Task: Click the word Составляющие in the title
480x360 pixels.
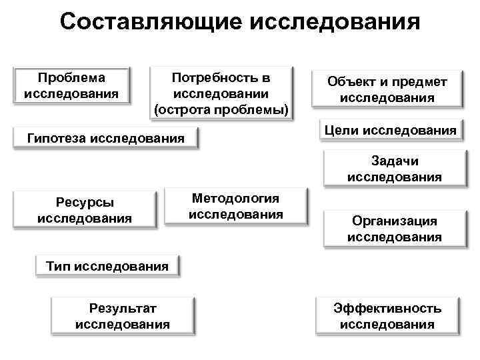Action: click(x=151, y=22)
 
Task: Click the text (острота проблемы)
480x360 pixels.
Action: click(x=221, y=109)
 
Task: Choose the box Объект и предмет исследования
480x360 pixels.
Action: click(x=387, y=89)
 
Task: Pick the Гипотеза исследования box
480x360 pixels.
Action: click(x=106, y=139)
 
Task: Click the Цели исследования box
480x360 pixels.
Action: click(x=391, y=131)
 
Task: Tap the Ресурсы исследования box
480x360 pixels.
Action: click(x=85, y=210)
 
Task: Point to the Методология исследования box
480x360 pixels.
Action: click(x=236, y=207)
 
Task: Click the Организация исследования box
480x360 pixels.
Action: click(x=394, y=229)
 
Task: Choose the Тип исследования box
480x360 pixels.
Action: click(x=107, y=266)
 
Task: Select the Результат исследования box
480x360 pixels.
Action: click(x=123, y=316)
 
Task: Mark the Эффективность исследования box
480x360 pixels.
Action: click(x=387, y=316)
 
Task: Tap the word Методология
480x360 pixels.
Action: click(x=236, y=199)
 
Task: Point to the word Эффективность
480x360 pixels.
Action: click(x=387, y=308)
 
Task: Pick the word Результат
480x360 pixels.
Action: click(x=123, y=308)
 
